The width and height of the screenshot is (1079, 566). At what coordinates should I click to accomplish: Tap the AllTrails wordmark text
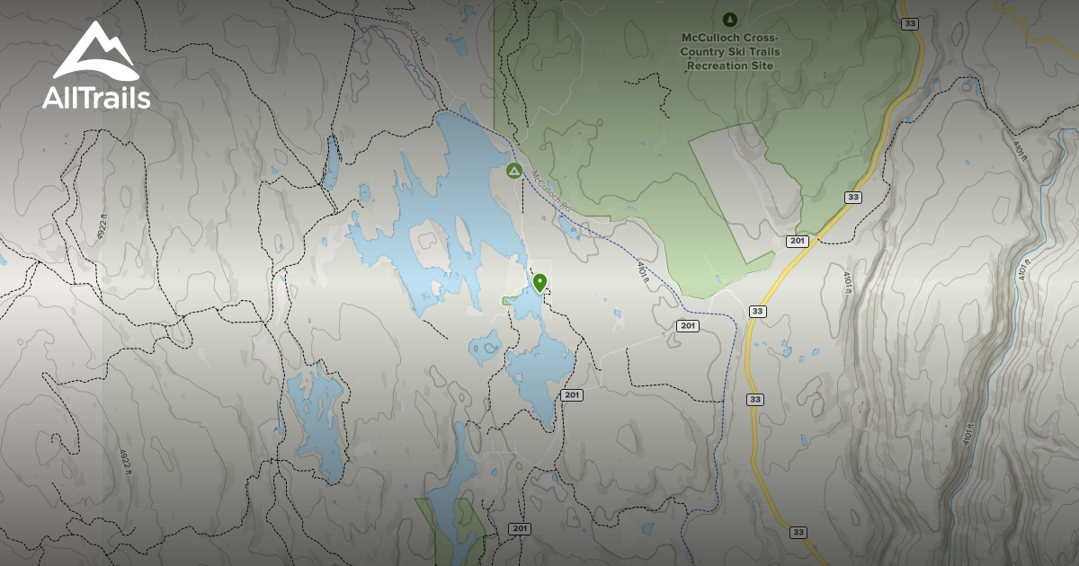[x=96, y=97]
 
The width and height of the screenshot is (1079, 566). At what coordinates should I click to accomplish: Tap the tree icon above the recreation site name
[x=729, y=18]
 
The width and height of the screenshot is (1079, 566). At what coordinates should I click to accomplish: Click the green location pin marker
[x=539, y=283]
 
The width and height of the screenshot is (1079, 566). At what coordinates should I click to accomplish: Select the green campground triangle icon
[x=513, y=170]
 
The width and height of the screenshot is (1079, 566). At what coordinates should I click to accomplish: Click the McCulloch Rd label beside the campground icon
[x=550, y=190]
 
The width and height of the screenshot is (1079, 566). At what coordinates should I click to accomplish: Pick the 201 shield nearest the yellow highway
[x=797, y=241]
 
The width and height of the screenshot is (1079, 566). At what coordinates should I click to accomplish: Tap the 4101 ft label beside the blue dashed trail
[x=644, y=272]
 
